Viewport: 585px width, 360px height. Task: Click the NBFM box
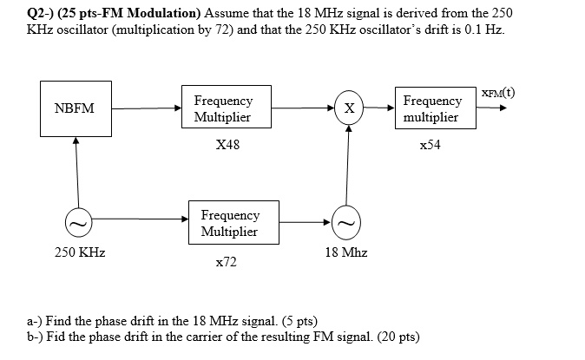point(75,108)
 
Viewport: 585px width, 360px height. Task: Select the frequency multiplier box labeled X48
point(223,108)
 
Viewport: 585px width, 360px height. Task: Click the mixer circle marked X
point(349,109)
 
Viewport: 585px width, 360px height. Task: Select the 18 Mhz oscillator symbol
point(348,223)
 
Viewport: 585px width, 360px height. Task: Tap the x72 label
point(226,261)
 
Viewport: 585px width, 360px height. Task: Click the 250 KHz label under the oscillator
point(80,252)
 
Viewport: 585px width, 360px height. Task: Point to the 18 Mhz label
point(346,252)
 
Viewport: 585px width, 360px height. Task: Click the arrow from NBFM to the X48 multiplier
point(146,109)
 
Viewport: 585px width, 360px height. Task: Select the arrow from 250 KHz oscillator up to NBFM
point(76,173)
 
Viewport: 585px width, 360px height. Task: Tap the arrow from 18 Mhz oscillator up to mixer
point(348,165)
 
